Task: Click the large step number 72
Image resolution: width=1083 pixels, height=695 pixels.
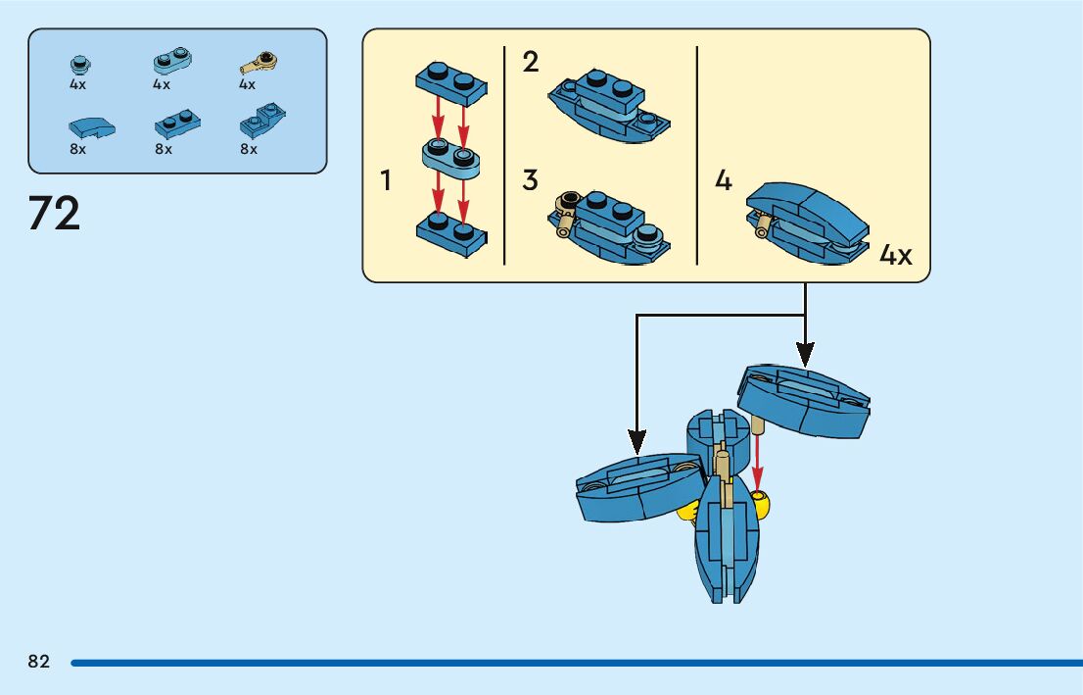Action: point(55,214)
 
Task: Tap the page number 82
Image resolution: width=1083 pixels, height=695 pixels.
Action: point(39,662)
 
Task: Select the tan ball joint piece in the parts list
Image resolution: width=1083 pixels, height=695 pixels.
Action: point(259,64)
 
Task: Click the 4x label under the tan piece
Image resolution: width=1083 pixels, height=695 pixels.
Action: point(247,84)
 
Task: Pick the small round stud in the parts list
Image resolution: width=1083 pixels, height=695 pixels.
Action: point(79,65)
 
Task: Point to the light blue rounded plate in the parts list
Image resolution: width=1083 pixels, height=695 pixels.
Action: point(171,63)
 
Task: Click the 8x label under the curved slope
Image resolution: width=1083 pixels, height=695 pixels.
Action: point(77,149)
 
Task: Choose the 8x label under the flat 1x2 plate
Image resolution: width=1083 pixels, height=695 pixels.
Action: point(163,149)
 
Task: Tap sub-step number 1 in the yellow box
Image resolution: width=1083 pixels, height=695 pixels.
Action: point(387,180)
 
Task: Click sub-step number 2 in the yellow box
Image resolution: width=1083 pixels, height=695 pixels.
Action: point(531,63)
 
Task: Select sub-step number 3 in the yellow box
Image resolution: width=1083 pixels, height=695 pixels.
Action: point(531,180)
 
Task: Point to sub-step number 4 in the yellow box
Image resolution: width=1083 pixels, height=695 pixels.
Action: point(724,180)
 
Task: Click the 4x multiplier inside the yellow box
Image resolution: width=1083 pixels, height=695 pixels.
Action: point(896,256)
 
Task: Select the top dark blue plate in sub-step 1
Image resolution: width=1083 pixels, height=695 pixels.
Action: point(450,80)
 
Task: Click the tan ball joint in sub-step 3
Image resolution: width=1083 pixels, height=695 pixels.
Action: point(565,206)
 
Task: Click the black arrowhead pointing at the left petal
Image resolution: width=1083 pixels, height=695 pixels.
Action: point(636,444)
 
